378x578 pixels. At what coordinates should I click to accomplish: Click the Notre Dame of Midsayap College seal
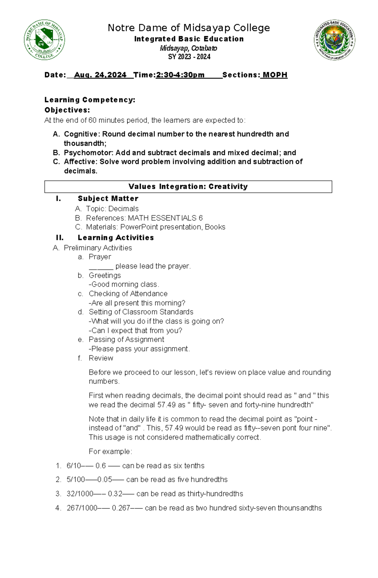coord(44,40)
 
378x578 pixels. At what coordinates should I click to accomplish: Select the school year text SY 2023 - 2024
coord(189,57)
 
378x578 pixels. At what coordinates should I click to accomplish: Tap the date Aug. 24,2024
coord(100,75)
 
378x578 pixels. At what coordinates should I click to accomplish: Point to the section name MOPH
coord(275,75)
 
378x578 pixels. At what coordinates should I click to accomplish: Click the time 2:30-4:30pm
coord(180,75)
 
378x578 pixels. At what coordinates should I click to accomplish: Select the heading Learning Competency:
coord(90,100)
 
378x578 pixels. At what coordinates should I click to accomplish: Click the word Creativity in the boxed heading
coord(228,186)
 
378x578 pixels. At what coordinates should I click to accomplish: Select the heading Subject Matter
coord(108,198)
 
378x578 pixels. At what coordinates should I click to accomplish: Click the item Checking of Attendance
coord(128,294)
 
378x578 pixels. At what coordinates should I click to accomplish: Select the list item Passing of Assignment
coord(126,340)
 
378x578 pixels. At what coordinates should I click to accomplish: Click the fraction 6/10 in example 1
coord(73,466)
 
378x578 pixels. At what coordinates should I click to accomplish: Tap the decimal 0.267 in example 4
coord(121,508)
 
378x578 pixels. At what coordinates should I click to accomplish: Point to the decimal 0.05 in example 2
coord(105,480)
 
